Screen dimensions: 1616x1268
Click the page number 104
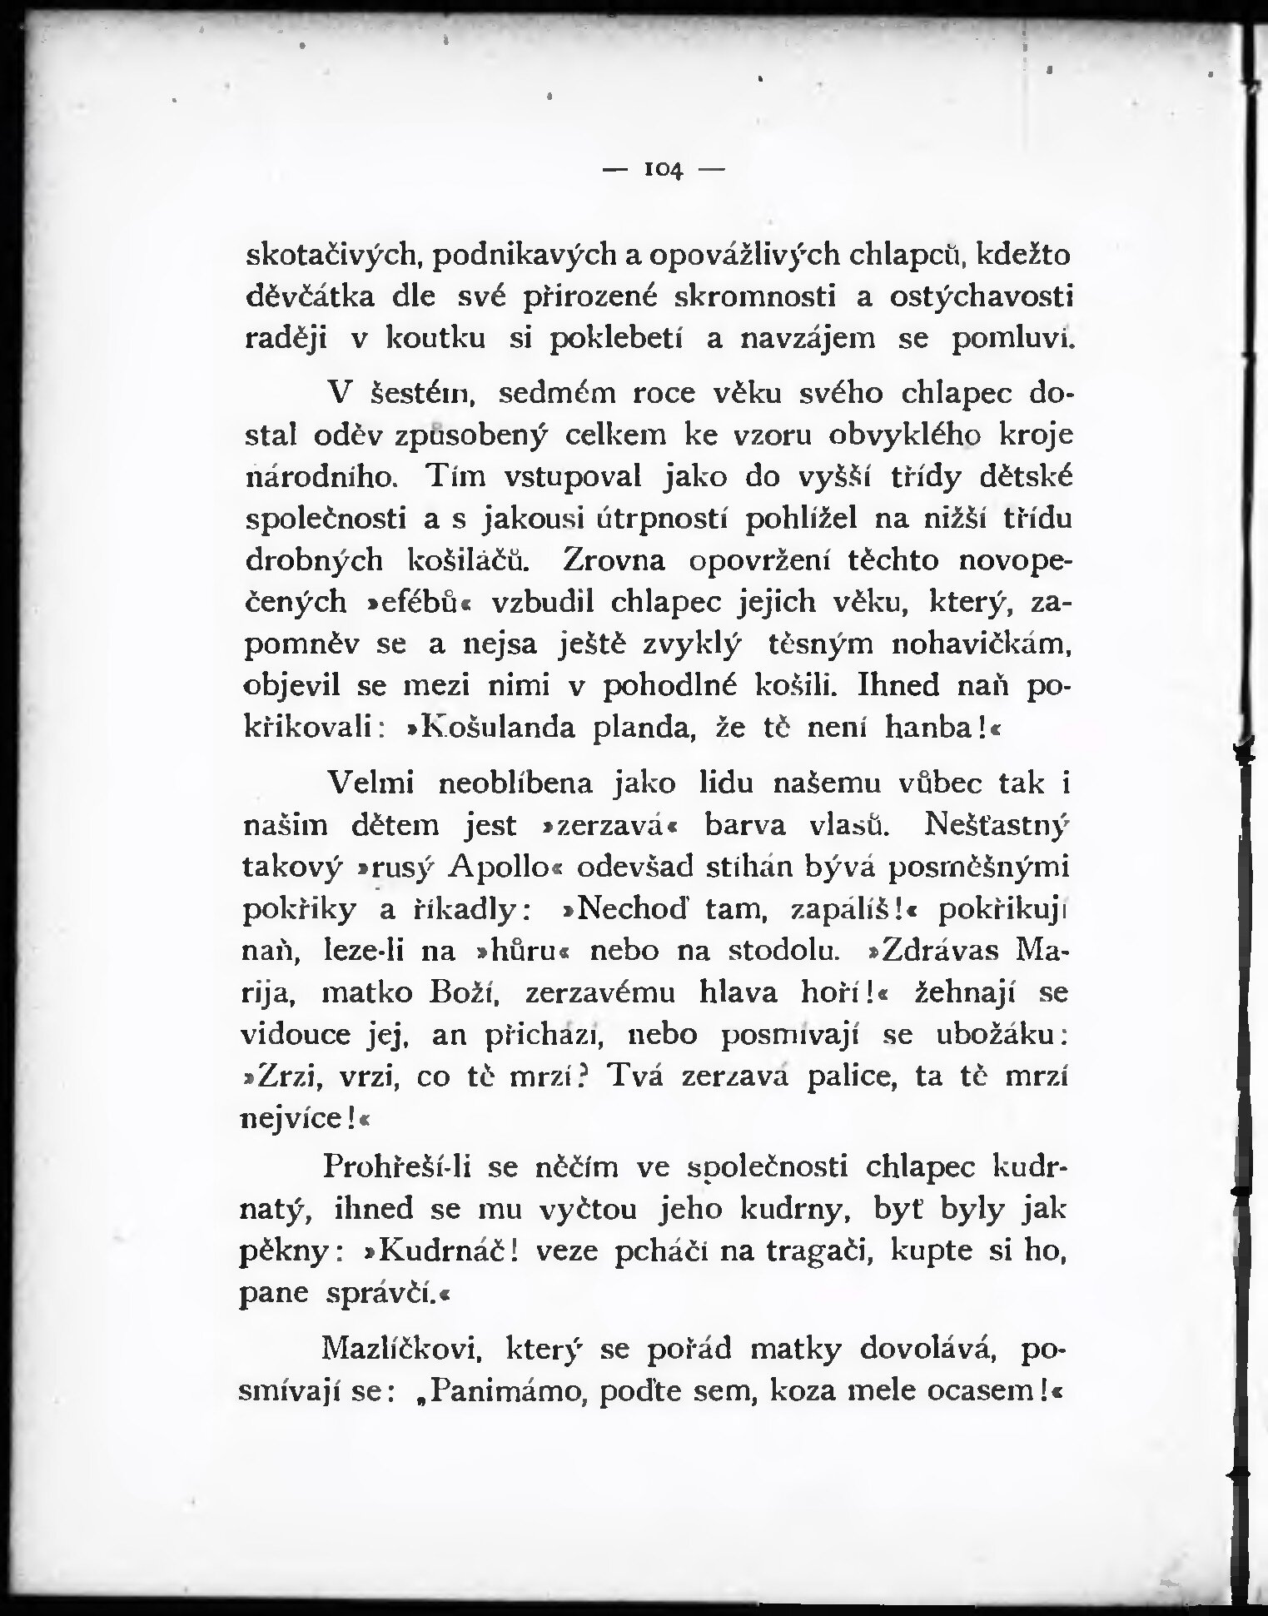click(x=664, y=170)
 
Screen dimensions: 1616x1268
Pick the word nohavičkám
click(x=980, y=644)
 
